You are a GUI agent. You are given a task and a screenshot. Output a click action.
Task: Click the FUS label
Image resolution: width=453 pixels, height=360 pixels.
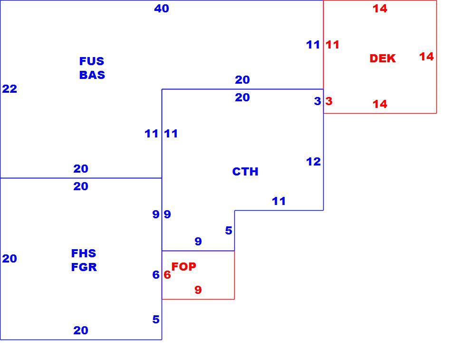click(92, 61)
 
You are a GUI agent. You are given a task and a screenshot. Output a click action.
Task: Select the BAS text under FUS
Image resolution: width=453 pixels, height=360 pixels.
click(92, 75)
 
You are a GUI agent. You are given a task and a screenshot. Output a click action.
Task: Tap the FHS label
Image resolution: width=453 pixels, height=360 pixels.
click(84, 253)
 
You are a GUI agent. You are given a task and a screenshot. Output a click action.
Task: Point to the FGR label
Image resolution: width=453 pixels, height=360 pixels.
click(84, 267)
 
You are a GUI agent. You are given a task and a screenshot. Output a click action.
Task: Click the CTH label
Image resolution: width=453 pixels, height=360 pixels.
click(245, 172)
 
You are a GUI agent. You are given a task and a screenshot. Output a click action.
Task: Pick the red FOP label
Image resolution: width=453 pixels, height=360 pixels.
click(184, 266)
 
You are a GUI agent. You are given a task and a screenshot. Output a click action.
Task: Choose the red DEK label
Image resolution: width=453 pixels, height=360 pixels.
click(383, 58)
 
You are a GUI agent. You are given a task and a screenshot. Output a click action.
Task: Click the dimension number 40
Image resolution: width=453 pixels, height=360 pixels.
click(162, 9)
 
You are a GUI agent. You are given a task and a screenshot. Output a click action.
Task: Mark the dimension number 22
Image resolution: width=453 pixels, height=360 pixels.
click(10, 89)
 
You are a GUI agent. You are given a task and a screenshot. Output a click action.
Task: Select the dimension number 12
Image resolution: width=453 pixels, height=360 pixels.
click(313, 162)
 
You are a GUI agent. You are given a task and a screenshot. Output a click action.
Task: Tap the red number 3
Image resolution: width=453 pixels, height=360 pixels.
click(329, 101)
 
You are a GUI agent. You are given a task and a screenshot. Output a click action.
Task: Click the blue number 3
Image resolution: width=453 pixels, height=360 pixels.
click(318, 101)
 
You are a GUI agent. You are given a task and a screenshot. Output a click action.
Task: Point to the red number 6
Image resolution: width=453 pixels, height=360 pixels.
click(167, 275)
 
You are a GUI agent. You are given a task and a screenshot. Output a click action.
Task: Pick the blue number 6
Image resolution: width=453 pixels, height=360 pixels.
click(156, 275)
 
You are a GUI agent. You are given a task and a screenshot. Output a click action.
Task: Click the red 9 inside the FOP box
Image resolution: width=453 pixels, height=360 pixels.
click(198, 290)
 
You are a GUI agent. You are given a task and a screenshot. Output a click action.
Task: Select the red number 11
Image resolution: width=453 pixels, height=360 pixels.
click(333, 45)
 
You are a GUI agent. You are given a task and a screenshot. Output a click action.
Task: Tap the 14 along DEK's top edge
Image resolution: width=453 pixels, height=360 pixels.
click(380, 9)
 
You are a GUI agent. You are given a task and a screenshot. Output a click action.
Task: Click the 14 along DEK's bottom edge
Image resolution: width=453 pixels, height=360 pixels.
click(380, 104)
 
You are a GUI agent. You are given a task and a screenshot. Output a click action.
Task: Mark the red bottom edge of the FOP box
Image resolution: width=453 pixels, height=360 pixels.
click(198, 299)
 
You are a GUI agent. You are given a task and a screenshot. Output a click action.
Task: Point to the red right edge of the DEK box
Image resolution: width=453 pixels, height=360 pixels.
click(436, 57)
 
